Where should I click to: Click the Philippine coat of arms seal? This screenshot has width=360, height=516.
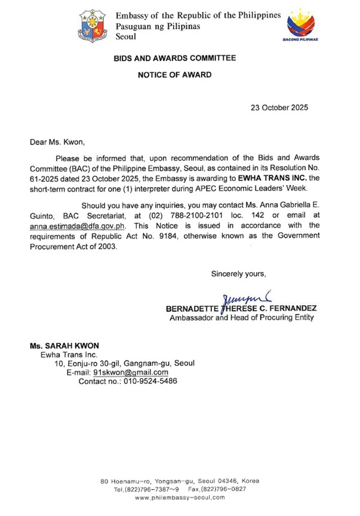coord(93,26)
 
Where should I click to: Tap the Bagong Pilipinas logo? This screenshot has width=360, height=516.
coord(303,26)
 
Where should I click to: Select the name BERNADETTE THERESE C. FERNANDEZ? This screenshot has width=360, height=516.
coord(241,308)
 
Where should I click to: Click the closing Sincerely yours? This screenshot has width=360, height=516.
coord(238,274)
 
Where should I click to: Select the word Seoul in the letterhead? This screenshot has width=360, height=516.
coord(126,36)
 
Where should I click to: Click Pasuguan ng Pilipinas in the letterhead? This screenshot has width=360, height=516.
coord(158,26)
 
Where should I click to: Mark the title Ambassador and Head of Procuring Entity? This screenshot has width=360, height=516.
coord(240,318)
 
